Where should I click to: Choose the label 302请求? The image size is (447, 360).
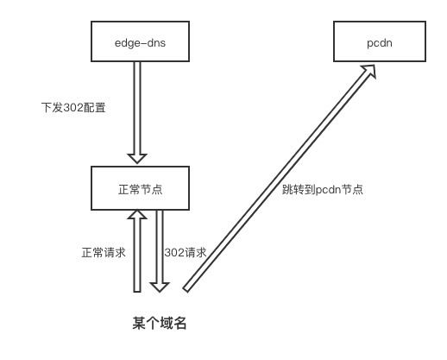click(186, 253)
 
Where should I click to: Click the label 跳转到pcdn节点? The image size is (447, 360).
click(322, 188)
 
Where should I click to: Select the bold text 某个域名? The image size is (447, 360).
click(160, 324)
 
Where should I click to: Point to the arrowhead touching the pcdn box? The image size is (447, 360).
click(370, 74)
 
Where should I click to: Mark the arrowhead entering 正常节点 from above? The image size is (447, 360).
click(137, 158)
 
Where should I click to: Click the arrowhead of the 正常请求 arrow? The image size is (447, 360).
click(137, 218)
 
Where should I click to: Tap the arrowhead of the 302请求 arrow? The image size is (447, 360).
click(158, 286)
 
